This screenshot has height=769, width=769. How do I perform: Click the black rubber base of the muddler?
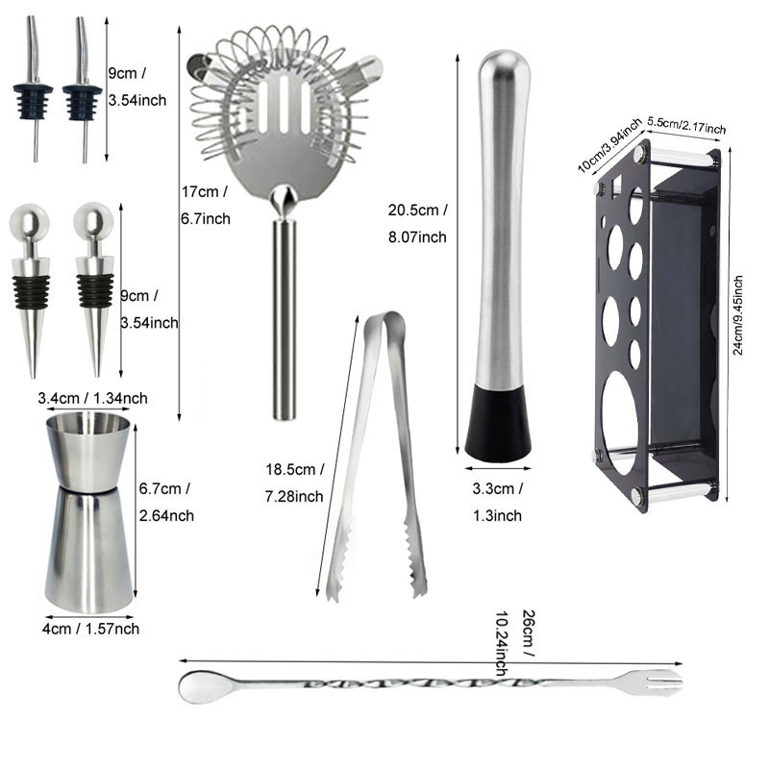tap(498, 422)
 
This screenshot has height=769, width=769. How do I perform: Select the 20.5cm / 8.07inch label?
tap(417, 223)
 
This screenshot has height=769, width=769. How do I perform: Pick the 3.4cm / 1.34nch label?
tap(92, 398)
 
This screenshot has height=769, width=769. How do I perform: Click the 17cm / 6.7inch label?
tap(206, 205)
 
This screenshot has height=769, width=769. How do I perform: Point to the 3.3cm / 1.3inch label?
tap(497, 501)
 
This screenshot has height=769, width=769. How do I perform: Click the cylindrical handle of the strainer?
tap(283, 317)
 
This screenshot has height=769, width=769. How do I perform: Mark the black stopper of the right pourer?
tap(82, 99)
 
